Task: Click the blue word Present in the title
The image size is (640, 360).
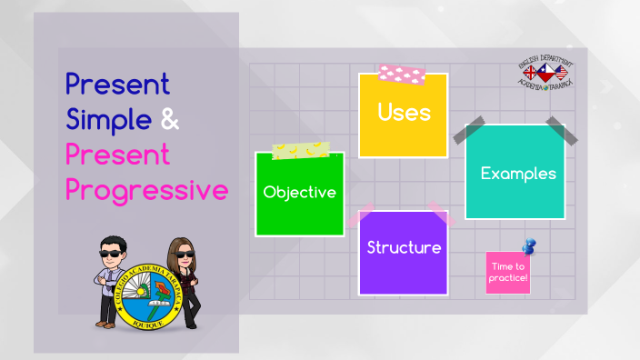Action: click(117, 85)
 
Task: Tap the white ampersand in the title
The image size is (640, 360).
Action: click(170, 120)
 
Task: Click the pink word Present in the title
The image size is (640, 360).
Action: click(117, 155)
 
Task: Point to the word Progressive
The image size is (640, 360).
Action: click(146, 190)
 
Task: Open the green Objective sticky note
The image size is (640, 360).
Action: click(300, 194)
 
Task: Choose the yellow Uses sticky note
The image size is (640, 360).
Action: click(403, 115)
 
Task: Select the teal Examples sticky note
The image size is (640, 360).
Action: click(515, 172)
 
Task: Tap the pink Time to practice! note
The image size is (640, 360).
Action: click(507, 273)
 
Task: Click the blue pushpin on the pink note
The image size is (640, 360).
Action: click(528, 246)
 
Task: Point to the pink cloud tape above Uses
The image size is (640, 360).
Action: click(401, 73)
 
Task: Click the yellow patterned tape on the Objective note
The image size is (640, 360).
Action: click(301, 150)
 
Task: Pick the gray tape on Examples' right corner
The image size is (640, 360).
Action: click(561, 131)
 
